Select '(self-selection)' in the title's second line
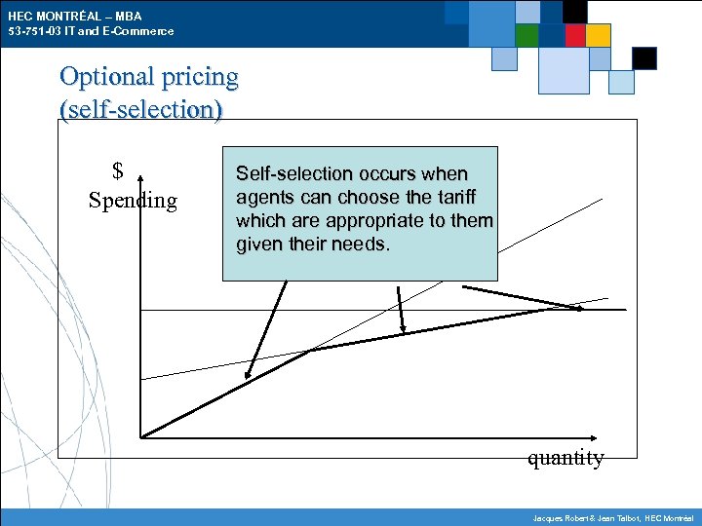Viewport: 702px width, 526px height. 141,108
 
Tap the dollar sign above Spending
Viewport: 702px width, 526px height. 117,172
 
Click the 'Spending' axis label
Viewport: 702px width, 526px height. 133,201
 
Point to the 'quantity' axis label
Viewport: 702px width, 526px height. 565,458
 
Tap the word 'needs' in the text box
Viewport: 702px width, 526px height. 360,244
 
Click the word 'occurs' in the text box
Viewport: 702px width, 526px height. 385,174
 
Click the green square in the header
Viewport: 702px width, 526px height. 527,35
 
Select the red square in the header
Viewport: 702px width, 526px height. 575,35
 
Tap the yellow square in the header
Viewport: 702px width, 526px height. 599,35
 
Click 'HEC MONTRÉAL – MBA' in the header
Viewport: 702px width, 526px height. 74,17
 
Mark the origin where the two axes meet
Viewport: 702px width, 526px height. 141,437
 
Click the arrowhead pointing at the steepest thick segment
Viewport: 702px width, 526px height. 249,374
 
